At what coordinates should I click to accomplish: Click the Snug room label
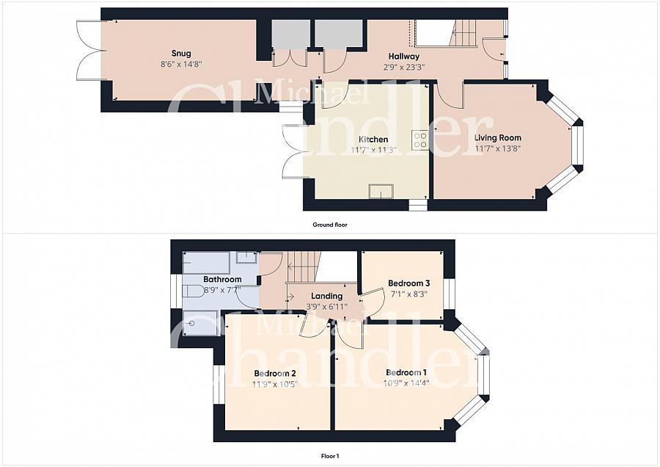pos(181,54)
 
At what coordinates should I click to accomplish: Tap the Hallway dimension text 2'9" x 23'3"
pos(403,67)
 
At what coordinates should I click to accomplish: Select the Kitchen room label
pos(373,140)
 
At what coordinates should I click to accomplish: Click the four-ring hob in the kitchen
pos(420,140)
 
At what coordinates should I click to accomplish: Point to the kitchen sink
pos(381,192)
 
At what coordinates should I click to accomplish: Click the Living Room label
pos(498,138)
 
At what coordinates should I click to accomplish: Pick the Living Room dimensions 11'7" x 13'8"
pos(498,148)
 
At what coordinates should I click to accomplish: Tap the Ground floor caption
pos(330,225)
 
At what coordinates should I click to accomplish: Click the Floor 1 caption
pos(330,456)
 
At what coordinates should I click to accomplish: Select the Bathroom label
pos(222,280)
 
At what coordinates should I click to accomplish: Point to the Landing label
pos(326,297)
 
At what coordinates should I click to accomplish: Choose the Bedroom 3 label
pos(408,283)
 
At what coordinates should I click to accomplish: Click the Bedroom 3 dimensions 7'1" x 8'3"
pos(408,294)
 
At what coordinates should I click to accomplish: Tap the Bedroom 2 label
pos(275,374)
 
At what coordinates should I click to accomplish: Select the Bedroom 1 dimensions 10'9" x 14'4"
pos(406,383)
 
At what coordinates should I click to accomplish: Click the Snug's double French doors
pos(89,50)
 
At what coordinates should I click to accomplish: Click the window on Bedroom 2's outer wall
pos(219,384)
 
